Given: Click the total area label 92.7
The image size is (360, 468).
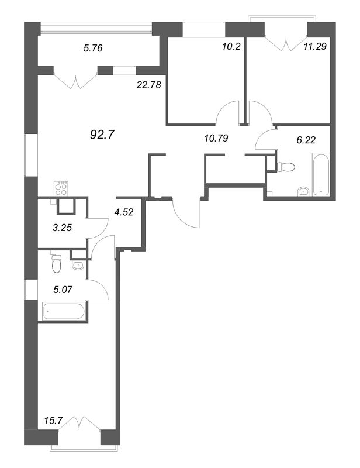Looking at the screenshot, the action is click(x=102, y=135).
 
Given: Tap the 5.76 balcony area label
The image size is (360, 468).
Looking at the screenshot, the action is click(x=93, y=48).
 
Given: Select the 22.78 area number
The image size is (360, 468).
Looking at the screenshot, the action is click(x=148, y=85).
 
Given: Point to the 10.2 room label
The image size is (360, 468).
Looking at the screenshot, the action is click(x=231, y=47).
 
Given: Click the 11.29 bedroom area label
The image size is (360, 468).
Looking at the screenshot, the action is click(x=315, y=47).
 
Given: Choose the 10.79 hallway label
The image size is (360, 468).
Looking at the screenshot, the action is click(x=216, y=138).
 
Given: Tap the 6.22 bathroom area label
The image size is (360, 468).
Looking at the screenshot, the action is click(x=306, y=140).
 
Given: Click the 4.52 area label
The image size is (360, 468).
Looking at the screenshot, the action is click(x=124, y=212).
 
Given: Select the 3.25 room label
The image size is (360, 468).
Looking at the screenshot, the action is click(x=63, y=228).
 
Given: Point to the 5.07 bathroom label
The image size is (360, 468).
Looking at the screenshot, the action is click(x=63, y=289).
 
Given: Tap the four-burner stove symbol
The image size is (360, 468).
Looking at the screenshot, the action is click(x=61, y=188).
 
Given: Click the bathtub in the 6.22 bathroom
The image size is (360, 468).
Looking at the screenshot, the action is click(x=321, y=174).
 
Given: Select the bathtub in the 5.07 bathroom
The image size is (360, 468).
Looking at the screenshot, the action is click(x=64, y=311).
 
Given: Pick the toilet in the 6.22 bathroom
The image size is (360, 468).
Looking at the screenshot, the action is click(x=286, y=166).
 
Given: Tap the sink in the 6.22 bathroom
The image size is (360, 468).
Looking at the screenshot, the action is click(x=304, y=191).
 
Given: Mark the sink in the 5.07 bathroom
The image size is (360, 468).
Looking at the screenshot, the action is click(x=78, y=265).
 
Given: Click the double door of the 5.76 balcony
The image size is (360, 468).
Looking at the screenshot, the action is click(x=76, y=81).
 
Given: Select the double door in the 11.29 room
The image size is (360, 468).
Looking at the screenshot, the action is click(x=286, y=44).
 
